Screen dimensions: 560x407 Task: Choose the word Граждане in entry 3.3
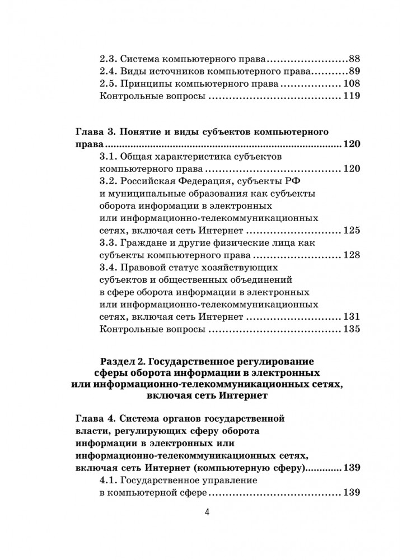pyautogui.click(x=143, y=243)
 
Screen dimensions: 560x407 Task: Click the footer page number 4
pyautogui.click(x=207, y=513)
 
